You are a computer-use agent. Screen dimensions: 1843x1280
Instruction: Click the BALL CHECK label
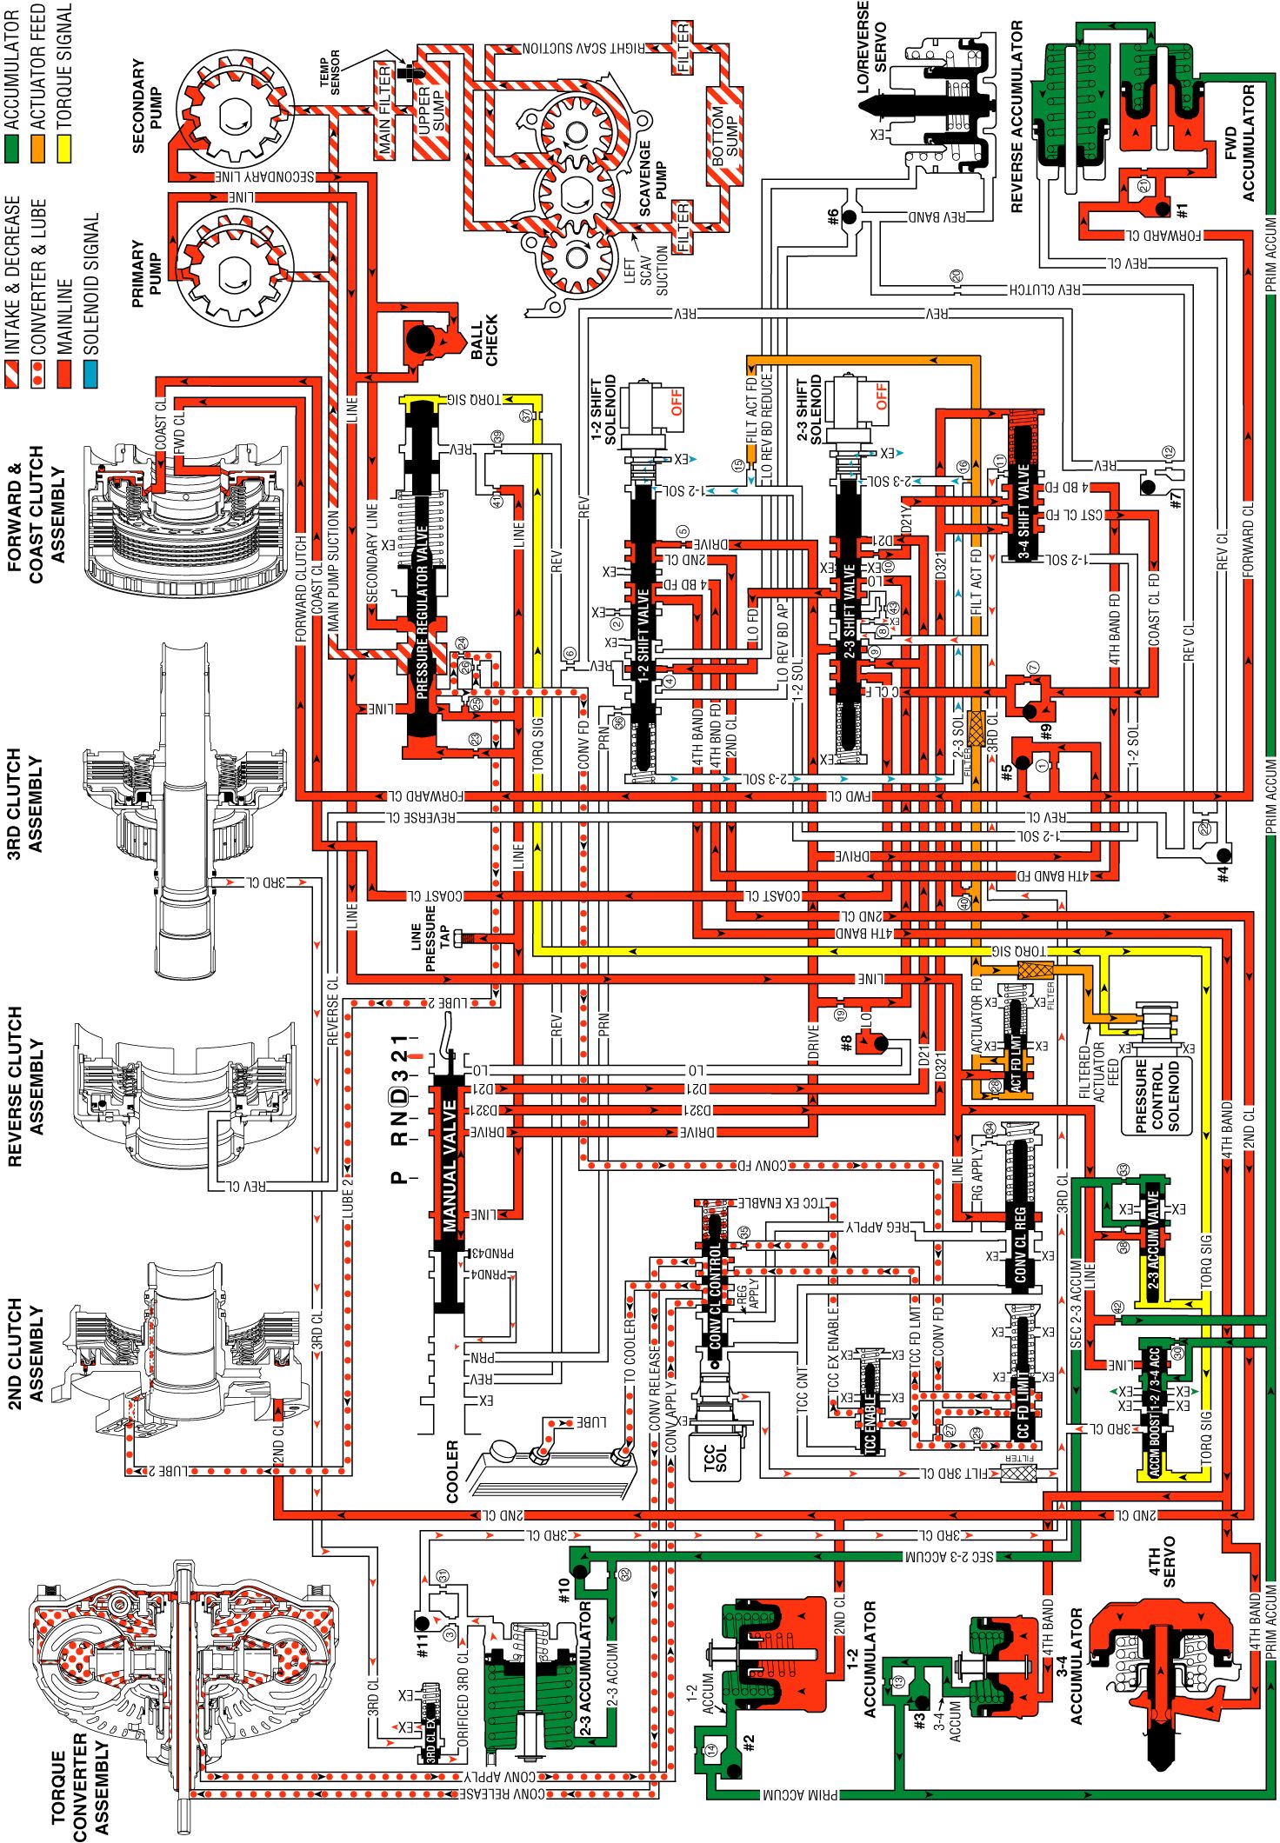tap(483, 340)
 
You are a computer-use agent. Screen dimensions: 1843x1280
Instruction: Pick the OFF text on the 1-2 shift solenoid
tap(677, 403)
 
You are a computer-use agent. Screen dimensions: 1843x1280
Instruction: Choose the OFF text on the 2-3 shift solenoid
tap(882, 396)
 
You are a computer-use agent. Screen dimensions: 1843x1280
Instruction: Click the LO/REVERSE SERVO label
tap(872, 48)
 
